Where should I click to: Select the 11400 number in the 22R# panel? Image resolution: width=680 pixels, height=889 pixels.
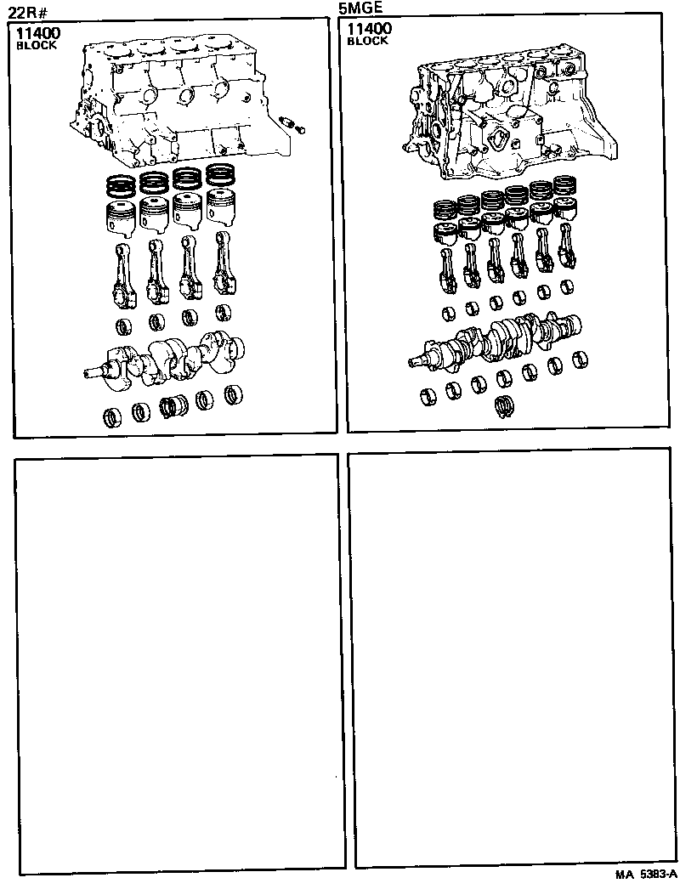click(39, 33)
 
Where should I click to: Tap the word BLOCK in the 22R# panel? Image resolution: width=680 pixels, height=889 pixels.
click(37, 46)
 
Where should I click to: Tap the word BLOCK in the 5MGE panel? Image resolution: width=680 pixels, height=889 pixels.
click(367, 42)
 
